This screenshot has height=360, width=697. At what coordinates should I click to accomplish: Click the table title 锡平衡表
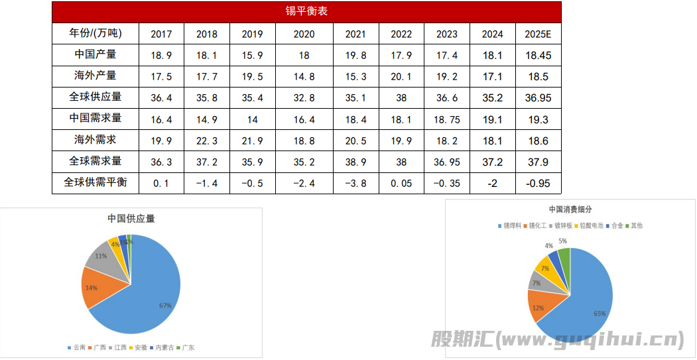click(306, 12)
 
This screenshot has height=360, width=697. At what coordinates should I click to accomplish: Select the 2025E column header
click(538, 34)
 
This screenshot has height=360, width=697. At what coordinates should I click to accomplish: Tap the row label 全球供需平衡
click(95, 182)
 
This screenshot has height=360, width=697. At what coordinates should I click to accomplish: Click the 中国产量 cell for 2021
click(355, 56)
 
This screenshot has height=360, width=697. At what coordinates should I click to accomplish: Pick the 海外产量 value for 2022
click(401, 77)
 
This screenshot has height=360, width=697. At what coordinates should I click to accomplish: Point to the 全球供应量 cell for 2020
click(304, 98)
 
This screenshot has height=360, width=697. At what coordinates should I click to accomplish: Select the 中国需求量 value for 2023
click(447, 119)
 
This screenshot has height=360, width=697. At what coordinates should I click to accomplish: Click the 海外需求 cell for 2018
click(207, 141)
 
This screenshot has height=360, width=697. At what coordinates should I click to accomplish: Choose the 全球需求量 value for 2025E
click(538, 162)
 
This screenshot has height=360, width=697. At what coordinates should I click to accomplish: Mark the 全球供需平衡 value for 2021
click(355, 183)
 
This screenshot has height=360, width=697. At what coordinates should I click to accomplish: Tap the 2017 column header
click(161, 34)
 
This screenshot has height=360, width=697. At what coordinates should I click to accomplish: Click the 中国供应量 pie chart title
click(131, 219)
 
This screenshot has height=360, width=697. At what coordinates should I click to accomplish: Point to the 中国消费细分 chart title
click(570, 210)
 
